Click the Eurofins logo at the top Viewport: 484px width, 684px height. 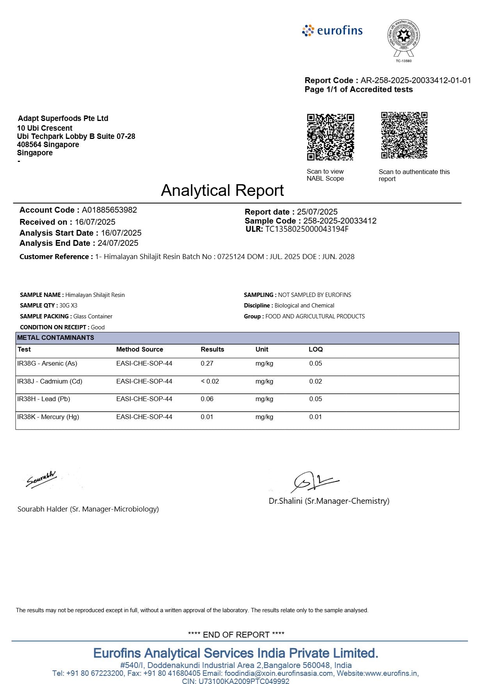pos(333,30)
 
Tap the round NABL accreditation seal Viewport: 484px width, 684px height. pos(403,38)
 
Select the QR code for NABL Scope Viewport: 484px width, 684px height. pos(330,137)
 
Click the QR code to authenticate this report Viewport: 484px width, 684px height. pos(404,135)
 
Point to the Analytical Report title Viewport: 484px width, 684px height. pos(222,190)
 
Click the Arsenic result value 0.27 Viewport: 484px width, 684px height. pos(207,363)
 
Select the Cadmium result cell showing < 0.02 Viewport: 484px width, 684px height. pos(210,381)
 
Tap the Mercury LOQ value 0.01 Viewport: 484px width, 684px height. pos(315,417)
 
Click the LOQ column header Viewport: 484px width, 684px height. pos(315,349)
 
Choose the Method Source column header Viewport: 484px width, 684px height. pos(139,349)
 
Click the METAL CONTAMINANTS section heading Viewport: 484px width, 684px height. pos(55,338)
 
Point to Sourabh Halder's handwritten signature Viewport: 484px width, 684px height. pos(41,480)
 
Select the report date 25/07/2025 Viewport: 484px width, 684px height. pos(317,212)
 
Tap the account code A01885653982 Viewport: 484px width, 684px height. pos(109,210)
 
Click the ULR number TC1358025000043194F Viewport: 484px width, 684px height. pos(307,229)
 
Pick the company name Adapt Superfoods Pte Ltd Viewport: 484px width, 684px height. pos(63,118)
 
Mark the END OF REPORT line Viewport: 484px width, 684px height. pos(236,634)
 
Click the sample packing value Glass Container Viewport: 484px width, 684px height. pos(93,316)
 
